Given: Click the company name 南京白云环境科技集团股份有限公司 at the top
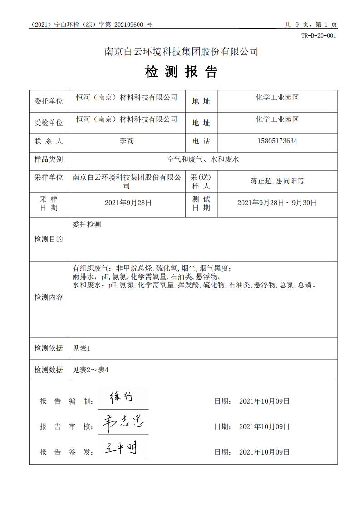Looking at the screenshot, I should coord(182,52).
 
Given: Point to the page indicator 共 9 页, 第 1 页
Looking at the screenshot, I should coord(311,25).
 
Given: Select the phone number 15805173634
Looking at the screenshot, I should coord(277,141).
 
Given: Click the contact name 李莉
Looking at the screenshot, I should coord(127,141).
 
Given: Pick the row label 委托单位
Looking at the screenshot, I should coord(49,101).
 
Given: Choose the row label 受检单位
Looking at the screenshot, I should coord(49,123).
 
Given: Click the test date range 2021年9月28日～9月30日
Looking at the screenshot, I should coord(277,203).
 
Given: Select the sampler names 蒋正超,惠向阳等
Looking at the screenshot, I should coord(277,181).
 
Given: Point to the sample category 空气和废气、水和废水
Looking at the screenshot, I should coord(203,159).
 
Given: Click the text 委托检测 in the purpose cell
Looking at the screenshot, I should coord(87,225).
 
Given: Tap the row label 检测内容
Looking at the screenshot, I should coord(49,297).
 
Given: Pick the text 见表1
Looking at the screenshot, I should coord(82,348).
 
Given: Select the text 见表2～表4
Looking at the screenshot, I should coord(91,370).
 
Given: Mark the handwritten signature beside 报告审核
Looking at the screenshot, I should coord(123,423).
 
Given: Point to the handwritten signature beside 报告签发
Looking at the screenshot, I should coord(119,449).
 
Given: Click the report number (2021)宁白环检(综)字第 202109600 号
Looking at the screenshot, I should coord(91,25).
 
